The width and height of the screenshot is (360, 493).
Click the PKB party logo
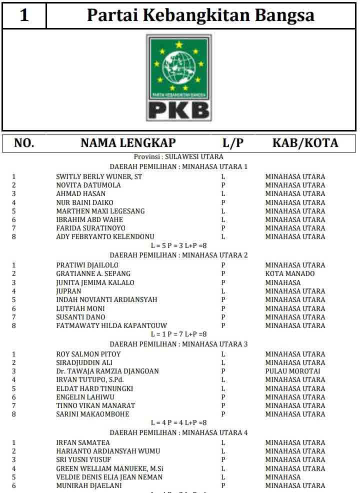pos(179,77)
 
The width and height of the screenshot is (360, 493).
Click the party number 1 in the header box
pos(24,15)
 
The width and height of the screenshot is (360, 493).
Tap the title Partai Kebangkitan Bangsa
pos(200,15)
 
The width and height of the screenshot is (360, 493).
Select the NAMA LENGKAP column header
pos(128,143)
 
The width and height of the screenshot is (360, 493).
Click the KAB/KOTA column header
pos(305,143)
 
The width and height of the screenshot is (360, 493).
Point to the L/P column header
pos(233,143)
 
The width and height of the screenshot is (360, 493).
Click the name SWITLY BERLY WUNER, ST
pos(99,176)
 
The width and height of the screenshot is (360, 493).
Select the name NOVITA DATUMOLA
pos(88,185)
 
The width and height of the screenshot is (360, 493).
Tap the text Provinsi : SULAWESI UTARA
pos(178,157)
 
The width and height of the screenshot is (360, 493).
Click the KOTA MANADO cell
pos(290,273)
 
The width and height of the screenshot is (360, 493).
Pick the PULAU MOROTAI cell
pos(292,371)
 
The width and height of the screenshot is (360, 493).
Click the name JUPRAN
pos(68,291)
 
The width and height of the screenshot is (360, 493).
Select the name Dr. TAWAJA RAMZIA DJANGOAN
pos(107,371)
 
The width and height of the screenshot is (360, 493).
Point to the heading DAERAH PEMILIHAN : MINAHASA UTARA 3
pos(178,344)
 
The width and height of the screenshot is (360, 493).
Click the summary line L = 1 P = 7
pos(178,334)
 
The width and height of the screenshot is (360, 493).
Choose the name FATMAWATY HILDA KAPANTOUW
pos(111,325)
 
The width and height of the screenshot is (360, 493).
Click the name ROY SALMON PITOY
pos(88,354)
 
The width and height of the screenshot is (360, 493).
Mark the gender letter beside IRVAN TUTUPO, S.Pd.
pos(223,379)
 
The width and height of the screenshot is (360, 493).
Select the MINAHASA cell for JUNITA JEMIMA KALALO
pos(283,282)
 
